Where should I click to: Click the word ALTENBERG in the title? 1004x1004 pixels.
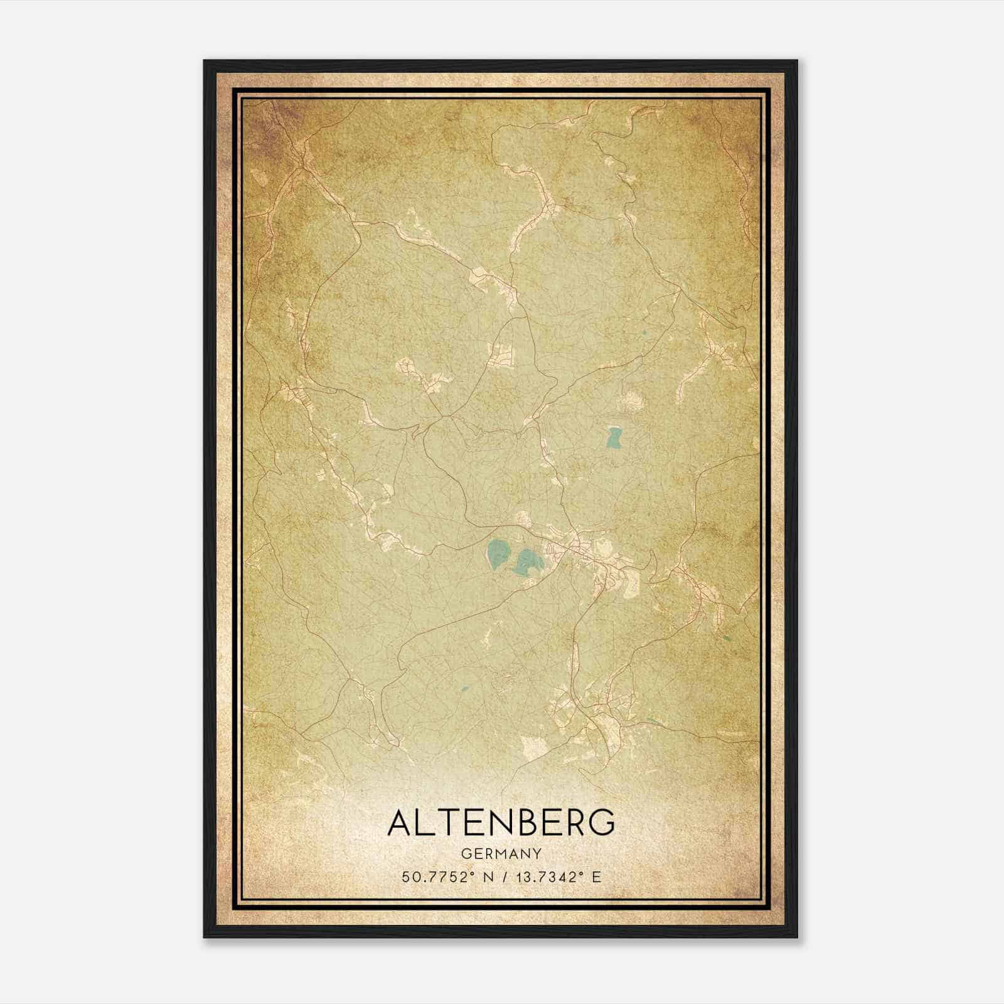[501, 823]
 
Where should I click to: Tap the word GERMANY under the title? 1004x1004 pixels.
[501, 853]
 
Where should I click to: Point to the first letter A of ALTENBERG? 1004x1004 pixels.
[400, 823]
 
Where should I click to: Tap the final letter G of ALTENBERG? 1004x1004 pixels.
[602, 823]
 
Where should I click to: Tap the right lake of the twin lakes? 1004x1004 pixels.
[527, 562]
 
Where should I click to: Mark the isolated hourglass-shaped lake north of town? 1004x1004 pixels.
[613, 437]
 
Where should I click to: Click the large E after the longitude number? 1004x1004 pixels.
[597, 877]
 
